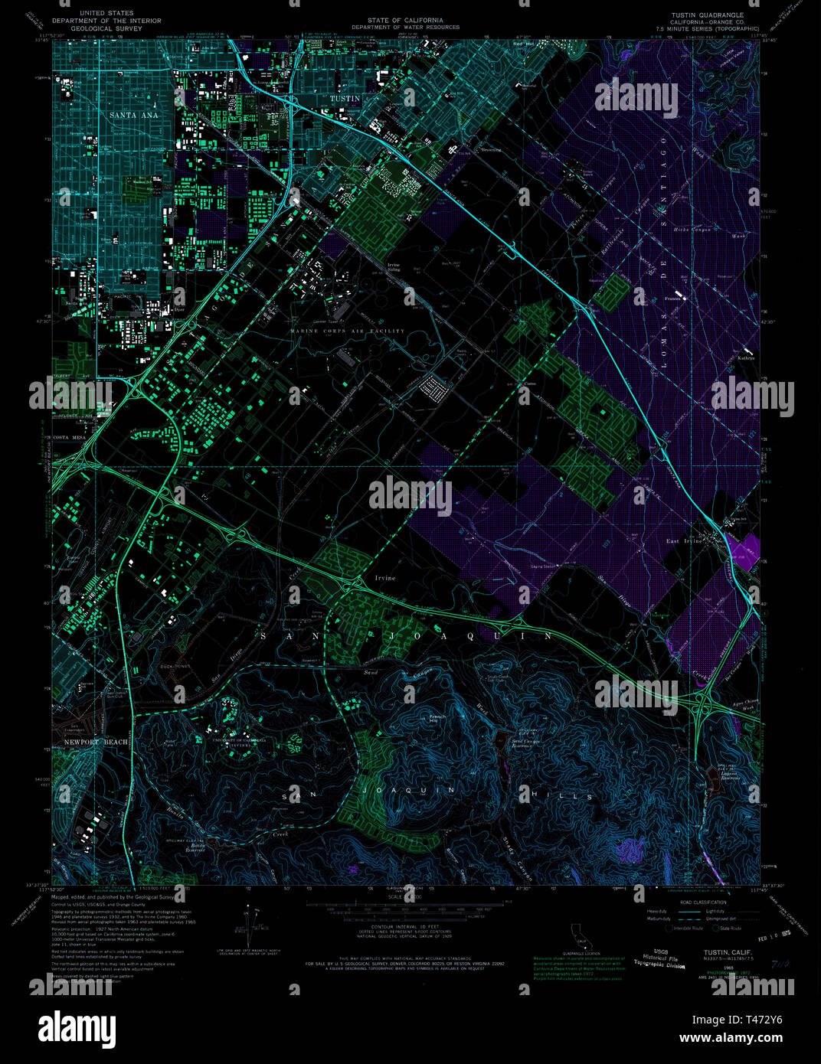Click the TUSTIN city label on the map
tap(344, 99)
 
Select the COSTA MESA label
tap(71, 437)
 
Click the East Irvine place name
tap(683, 541)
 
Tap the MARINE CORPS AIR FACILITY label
tap(347, 331)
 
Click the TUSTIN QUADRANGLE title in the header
tap(707, 15)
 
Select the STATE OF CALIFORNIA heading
tap(405, 21)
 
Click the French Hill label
tap(432, 720)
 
